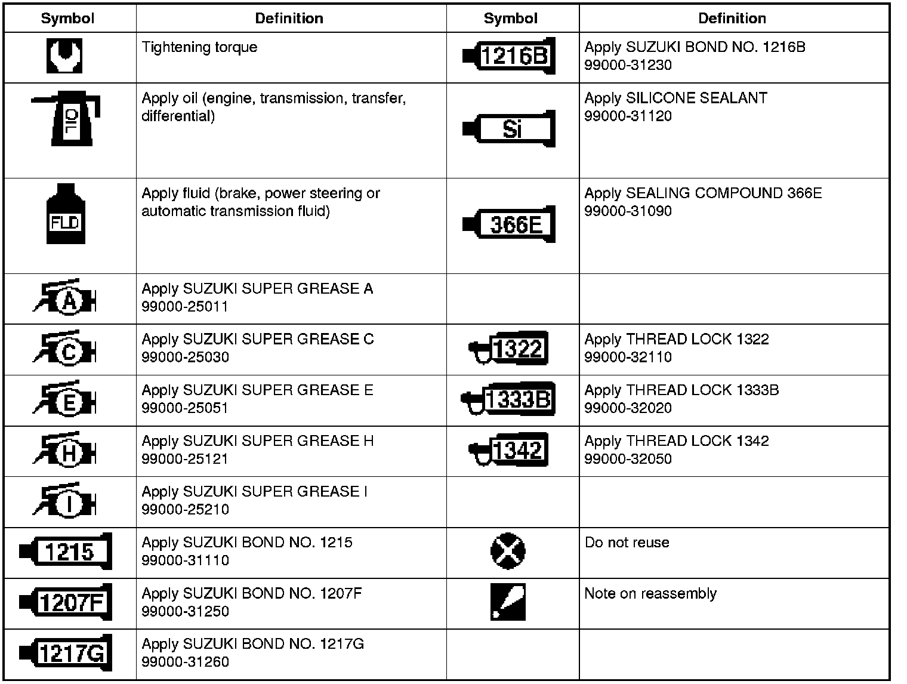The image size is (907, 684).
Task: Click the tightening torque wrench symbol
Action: click(64, 56)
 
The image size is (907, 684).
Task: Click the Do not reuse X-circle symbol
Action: click(508, 550)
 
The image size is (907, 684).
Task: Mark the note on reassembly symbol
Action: click(508, 601)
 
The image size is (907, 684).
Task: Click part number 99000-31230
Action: click(628, 65)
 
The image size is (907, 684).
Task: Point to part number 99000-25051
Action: click(185, 408)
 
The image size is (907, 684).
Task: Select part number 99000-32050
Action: click(628, 459)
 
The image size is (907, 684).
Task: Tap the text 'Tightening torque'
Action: click(199, 47)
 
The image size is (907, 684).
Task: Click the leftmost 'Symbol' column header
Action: click(67, 19)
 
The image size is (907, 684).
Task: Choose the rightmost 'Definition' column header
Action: click(732, 19)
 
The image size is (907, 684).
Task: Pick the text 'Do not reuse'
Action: click(627, 543)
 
